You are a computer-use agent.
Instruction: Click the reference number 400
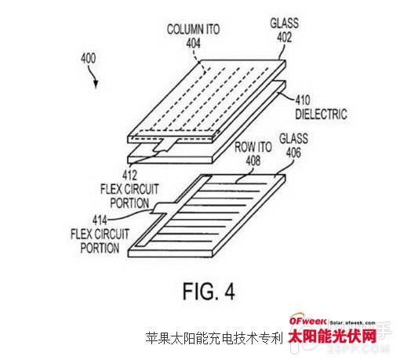[88, 58]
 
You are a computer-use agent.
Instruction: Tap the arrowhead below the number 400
[96, 84]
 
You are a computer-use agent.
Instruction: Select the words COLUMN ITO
[193, 29]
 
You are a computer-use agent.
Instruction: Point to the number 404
[193, 43]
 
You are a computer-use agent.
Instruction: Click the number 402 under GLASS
[285, 37]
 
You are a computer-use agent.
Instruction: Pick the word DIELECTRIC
[321, 114]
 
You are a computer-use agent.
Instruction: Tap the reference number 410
[303, 100]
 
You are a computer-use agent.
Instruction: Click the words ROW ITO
[253, 147]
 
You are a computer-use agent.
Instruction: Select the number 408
[253, 161]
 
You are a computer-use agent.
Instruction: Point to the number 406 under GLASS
[293, 152]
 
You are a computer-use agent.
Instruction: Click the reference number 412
[129, 175]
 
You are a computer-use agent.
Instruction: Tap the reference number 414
[100, 220]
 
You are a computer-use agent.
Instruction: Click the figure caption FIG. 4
[209, 291]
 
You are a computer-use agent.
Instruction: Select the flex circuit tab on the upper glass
[165, 145]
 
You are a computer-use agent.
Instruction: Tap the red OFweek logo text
[307, 321]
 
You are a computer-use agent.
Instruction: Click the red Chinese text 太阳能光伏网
[333, 336]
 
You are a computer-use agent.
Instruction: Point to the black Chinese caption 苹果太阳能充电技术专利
[214, 338]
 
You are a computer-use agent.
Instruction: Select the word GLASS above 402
[285, 24]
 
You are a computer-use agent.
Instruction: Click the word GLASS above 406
[293, 139]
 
